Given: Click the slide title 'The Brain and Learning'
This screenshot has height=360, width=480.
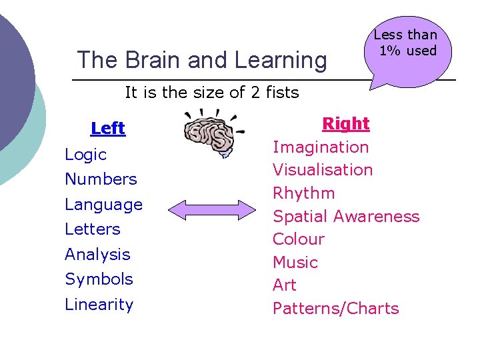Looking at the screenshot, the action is pos(202,60).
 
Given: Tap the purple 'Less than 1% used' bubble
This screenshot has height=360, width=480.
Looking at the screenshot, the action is pos(405,47).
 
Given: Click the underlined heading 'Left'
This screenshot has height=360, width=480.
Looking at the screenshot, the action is pos(108,128).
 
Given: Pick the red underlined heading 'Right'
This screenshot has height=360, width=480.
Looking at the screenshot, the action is pos(345,124).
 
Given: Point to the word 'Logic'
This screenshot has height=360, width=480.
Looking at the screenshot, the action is pos(86,155).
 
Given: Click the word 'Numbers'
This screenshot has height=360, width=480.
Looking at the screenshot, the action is pos(101,179).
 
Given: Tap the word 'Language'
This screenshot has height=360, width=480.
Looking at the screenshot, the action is pos(103,205).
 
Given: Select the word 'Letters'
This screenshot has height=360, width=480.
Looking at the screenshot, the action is pos(93,229).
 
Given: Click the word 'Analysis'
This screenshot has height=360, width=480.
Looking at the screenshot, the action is pos(97,255).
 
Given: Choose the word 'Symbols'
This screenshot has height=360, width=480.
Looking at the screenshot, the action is pos(99,279).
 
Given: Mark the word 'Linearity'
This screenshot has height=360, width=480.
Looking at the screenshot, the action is pos(99,305).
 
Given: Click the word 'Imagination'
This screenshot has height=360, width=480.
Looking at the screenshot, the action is pos(321,147).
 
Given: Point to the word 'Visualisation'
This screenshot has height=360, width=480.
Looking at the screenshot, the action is pos(323,170).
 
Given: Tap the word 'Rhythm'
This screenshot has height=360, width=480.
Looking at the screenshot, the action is pos(304,193).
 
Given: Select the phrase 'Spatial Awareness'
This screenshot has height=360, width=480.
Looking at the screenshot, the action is pos(346,217).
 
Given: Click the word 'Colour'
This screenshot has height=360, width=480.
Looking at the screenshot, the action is pos(299,239).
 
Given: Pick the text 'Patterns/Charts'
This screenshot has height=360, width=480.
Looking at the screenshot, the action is pos(336,309).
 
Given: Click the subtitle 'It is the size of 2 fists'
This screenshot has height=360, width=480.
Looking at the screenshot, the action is pos(212,93).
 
